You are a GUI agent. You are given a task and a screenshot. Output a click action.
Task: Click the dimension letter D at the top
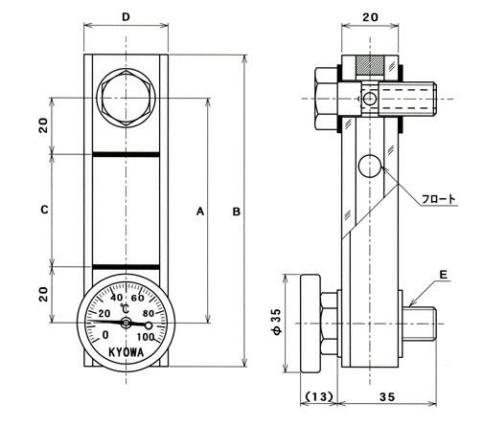point(126,17)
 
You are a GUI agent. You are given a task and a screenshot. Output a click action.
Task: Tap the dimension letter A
point(200,212)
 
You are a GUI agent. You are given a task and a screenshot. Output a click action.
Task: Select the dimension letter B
point(237,212)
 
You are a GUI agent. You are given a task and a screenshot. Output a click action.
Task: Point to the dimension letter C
point(45,210)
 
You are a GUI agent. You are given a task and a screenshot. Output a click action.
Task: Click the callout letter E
point(444,275)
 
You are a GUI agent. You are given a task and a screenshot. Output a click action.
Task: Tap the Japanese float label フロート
point(439,199)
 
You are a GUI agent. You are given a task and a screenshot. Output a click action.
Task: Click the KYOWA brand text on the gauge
point(126,352)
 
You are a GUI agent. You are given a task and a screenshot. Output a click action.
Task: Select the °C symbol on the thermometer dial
point(125,309)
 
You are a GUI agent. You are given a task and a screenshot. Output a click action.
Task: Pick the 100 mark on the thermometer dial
point(146,337)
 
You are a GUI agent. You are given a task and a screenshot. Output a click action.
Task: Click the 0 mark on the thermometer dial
point(105,335)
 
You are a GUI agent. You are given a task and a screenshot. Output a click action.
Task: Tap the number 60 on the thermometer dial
point(138,298)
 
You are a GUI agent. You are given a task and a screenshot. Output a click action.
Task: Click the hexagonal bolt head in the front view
point(126,98)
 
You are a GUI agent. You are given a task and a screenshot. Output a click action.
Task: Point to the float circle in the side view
point(370,166)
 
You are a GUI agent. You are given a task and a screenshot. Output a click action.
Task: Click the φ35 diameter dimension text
point(277,322)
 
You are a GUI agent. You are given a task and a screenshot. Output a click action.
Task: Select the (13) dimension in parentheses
point(319,396)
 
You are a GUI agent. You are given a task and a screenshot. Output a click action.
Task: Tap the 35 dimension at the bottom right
point(387,396)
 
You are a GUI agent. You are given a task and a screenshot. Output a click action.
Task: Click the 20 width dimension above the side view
point(370,17)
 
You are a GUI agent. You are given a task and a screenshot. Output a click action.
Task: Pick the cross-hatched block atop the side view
point(370,65)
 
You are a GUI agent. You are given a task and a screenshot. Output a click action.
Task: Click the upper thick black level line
point(126,155)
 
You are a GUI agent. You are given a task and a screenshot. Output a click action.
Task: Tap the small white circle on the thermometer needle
point(149,325)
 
